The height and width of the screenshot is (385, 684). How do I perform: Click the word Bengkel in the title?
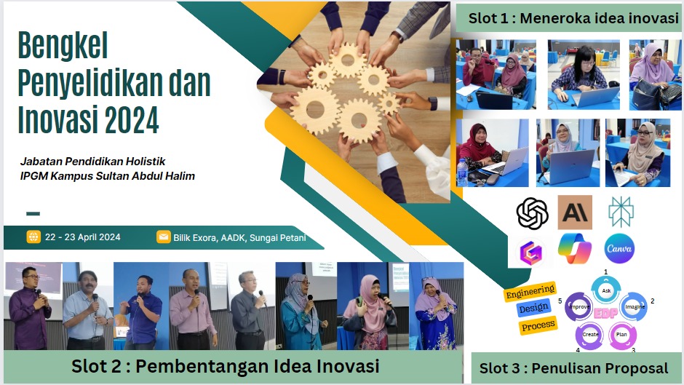click(63, 45)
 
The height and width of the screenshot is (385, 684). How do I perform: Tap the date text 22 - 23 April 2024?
click(83, 237)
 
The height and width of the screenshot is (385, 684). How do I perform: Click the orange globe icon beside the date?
click(33, 237)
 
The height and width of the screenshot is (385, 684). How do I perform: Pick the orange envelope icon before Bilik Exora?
click(164, 237)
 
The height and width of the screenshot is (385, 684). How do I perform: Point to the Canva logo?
click(619, 249)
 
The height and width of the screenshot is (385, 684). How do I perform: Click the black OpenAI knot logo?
click(532, 213)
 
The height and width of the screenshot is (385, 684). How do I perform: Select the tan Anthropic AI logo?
click(575, 213)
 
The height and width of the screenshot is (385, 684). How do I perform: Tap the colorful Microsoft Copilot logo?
click(575, 248)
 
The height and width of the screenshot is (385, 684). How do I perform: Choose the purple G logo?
click(531, 252)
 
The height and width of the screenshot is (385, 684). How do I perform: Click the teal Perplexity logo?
click(621, 212)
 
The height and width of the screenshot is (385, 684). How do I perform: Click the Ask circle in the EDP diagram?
click(606, 290)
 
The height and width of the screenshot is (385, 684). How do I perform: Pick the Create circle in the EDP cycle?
click(590, 334)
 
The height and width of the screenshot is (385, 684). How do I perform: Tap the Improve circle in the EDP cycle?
click(579, 306)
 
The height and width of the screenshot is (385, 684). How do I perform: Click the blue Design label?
click(533, 308)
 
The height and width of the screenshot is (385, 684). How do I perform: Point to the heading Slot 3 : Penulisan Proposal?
click(573, 368)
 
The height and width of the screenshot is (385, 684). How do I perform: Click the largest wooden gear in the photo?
click(315, 110)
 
